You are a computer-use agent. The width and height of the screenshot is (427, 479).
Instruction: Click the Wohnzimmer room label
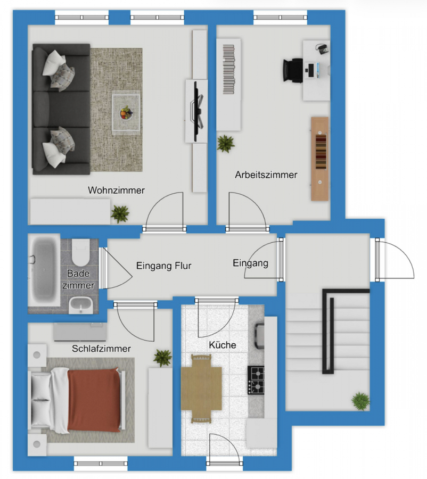point(116,191)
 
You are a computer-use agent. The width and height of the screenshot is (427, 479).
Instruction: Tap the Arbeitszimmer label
point(266,175)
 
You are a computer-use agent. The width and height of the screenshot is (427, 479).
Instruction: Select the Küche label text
point(223,345)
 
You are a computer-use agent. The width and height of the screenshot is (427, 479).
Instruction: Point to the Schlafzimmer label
point(101,349)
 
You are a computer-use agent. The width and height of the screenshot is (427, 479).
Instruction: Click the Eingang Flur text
point(164,266)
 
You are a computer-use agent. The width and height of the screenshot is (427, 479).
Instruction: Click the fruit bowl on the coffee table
point(126,113)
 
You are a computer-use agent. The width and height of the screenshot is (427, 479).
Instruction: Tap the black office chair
point(293,70)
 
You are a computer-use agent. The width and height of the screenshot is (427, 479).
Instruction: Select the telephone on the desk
point(322,49)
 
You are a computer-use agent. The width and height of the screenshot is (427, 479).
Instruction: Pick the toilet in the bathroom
point(81,252)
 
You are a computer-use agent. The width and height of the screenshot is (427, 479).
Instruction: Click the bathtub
point(44,270)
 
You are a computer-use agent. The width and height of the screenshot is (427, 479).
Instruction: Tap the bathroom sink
point(81,305)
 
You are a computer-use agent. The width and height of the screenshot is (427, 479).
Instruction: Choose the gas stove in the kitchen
point(256,380)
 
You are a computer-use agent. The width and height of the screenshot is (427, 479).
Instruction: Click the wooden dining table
point(201,389)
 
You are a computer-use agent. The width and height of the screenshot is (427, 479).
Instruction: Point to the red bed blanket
point(94,400)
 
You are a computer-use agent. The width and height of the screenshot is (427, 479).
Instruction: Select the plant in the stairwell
point(360,401)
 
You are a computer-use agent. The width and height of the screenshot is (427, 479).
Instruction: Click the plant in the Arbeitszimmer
point(226,143)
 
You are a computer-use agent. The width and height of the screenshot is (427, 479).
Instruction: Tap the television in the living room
point(197,111)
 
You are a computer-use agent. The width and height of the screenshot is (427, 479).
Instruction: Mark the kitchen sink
point(259,336)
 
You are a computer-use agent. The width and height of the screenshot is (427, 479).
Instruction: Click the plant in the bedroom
point(162,358)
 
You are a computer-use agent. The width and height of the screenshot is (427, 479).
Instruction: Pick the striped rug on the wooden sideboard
point(321,152)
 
